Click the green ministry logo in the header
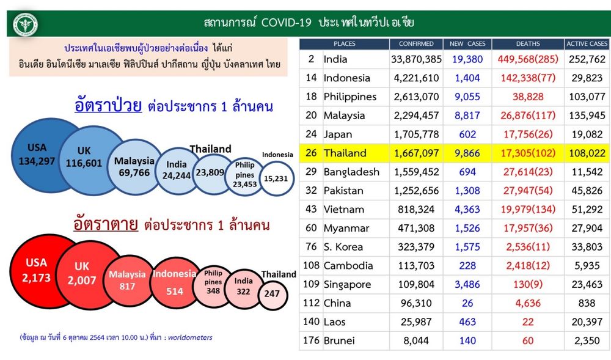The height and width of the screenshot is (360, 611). point(25,25)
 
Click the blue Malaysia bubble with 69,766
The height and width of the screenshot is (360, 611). point(134,167)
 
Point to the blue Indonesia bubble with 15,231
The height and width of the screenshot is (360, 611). point(276,178)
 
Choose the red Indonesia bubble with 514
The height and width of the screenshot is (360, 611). point(175,283)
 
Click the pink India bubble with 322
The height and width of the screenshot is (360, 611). point(243,287)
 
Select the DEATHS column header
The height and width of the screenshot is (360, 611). point(528,43)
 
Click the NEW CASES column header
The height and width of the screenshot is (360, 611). point(467,43)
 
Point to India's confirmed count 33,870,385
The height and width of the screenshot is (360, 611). point(416,59)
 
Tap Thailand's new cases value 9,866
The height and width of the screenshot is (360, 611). point(467,153)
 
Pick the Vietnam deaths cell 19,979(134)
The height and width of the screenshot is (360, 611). point(528,209)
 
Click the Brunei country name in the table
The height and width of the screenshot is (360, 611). point(339,340)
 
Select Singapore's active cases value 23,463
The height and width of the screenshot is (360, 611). point(587,284)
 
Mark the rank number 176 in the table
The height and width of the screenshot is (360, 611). point(311,340)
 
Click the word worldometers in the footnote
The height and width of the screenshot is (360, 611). point(190,337)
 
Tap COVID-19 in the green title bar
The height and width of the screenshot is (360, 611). point(286,23)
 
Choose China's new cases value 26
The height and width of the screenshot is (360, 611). point(467,303)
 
